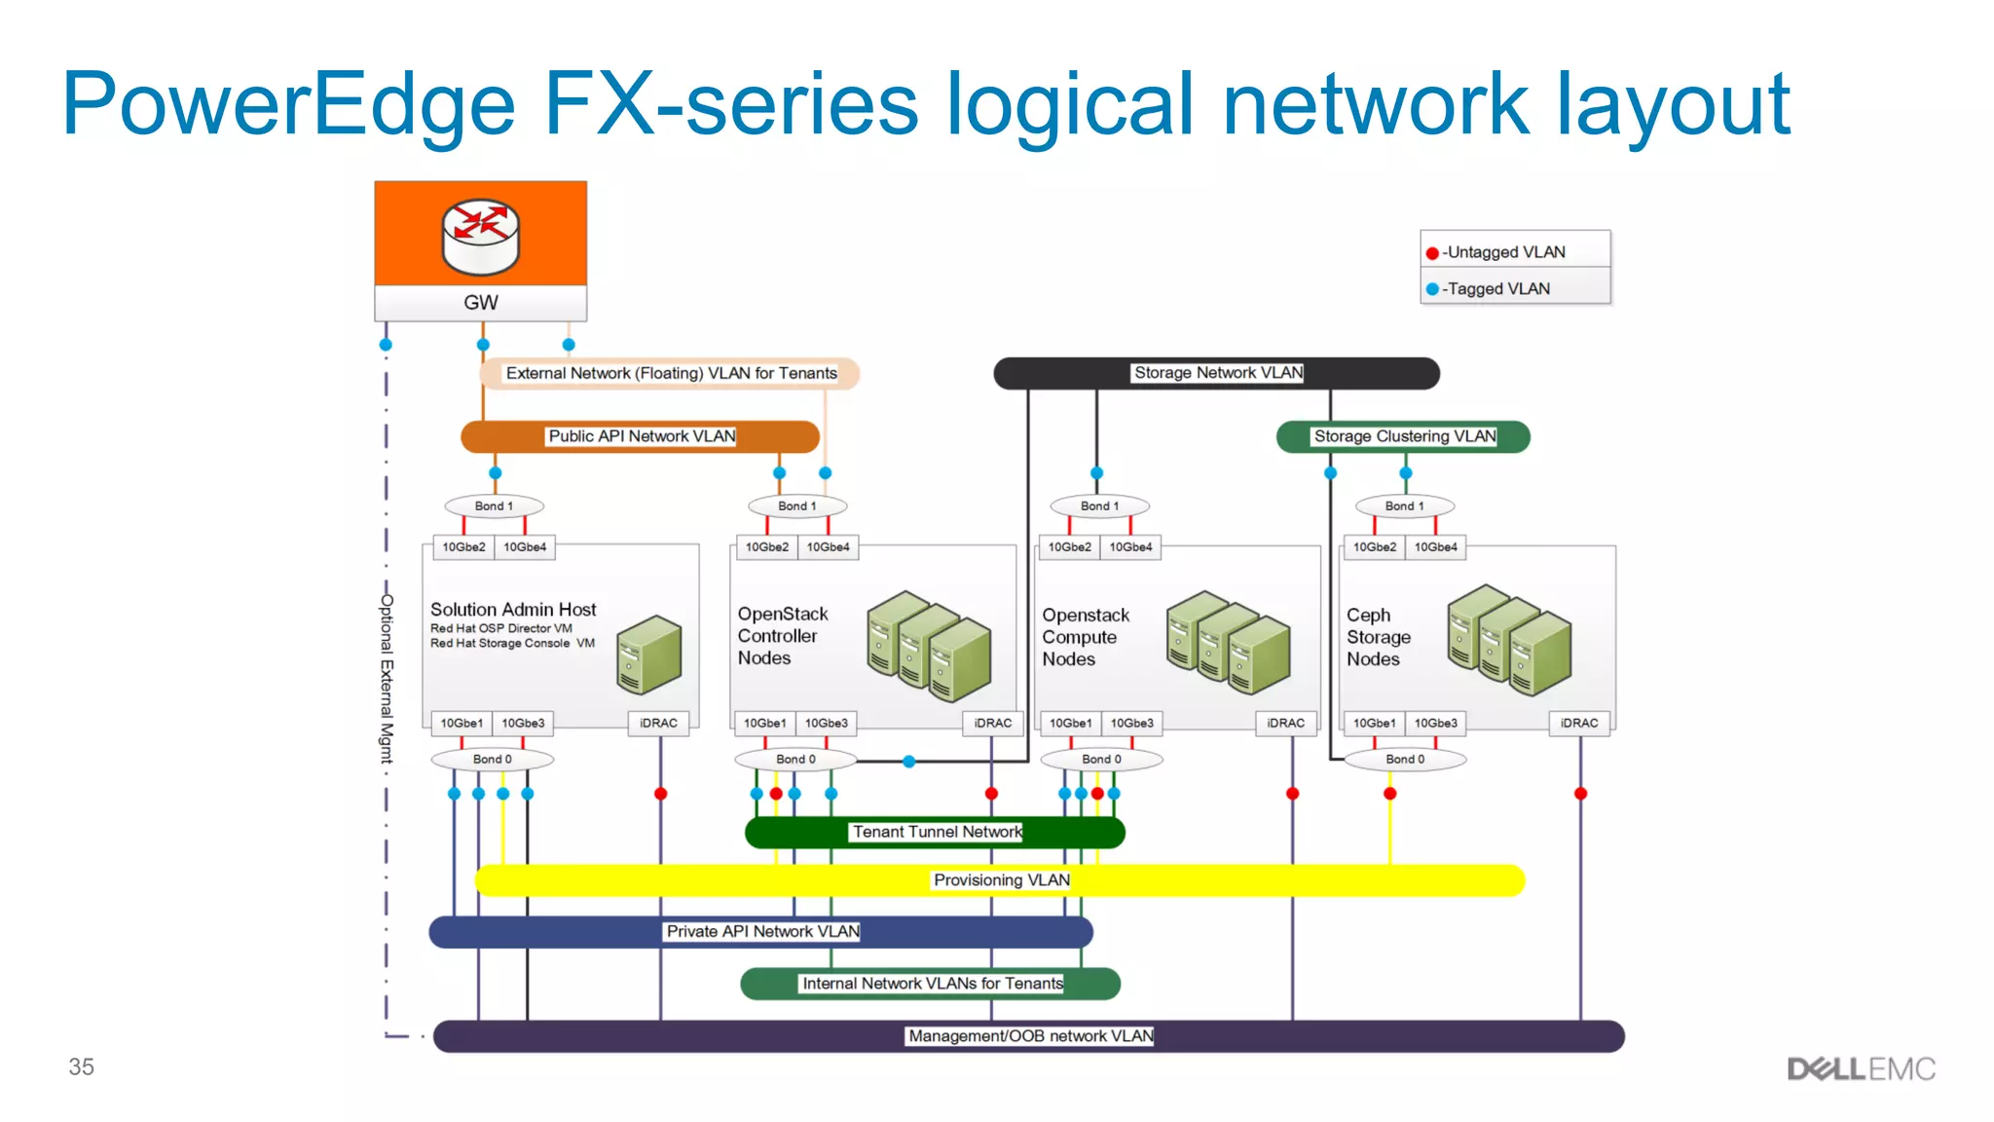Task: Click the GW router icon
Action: click(x=480, y=236)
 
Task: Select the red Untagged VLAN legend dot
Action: click(x=1432, y=253)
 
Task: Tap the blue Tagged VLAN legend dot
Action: click(x=1432, y=289)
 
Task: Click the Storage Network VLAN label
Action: click(x=1217, y=373)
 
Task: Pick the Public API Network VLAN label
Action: click(x=641, y=436)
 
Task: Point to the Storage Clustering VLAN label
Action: click(x=1404, y=436)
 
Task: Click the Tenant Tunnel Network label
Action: click(x=937, y=832)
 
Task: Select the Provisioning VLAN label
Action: click(x=1001, y=880)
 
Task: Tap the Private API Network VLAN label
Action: click(x=762, y=932)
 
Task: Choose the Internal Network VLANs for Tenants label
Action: click(x=932, y=984)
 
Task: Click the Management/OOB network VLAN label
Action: click(x=1030, y=1036)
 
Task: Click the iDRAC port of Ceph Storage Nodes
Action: click(x=1578, y=724)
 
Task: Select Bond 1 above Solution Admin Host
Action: click(x=494, y=506)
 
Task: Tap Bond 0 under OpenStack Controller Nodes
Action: click(x=795, y=760)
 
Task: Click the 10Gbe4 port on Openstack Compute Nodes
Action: click(x=1130, y=547)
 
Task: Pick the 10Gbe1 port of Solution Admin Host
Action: click(x=462, y=724)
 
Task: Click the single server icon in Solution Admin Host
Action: click(x=648, y=654)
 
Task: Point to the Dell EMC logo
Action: click(x=1861, y=1069)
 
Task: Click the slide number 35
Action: click(x=81, y=1067)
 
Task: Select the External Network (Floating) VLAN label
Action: click(x=671, y=374)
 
